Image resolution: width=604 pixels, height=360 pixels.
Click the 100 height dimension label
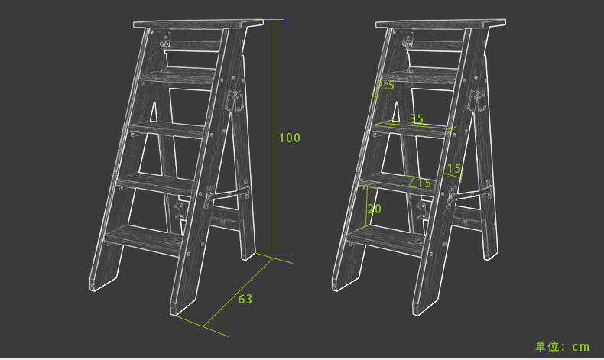tap(290, 138)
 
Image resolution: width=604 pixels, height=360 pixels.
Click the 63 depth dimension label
tap(245, 299)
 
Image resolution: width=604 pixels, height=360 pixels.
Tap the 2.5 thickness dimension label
tap(385, 85)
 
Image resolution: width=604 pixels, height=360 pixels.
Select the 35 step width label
tap(417, 118)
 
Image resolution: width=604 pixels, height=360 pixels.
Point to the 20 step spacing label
tap(374, 209)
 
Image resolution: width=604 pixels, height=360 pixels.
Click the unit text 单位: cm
tap(562, 346)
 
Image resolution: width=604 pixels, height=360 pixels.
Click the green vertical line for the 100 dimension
tap(274, 135)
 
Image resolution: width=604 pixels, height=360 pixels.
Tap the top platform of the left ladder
tap(198, 24)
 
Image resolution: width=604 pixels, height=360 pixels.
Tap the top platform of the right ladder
tap(440, 24)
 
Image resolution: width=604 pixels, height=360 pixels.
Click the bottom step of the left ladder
tap(143, 238)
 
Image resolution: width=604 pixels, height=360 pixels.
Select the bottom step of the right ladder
tap(385, 238)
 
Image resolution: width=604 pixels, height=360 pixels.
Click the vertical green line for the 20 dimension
tap(366, 207)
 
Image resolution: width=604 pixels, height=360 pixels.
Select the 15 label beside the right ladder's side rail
tap(454, 169)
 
